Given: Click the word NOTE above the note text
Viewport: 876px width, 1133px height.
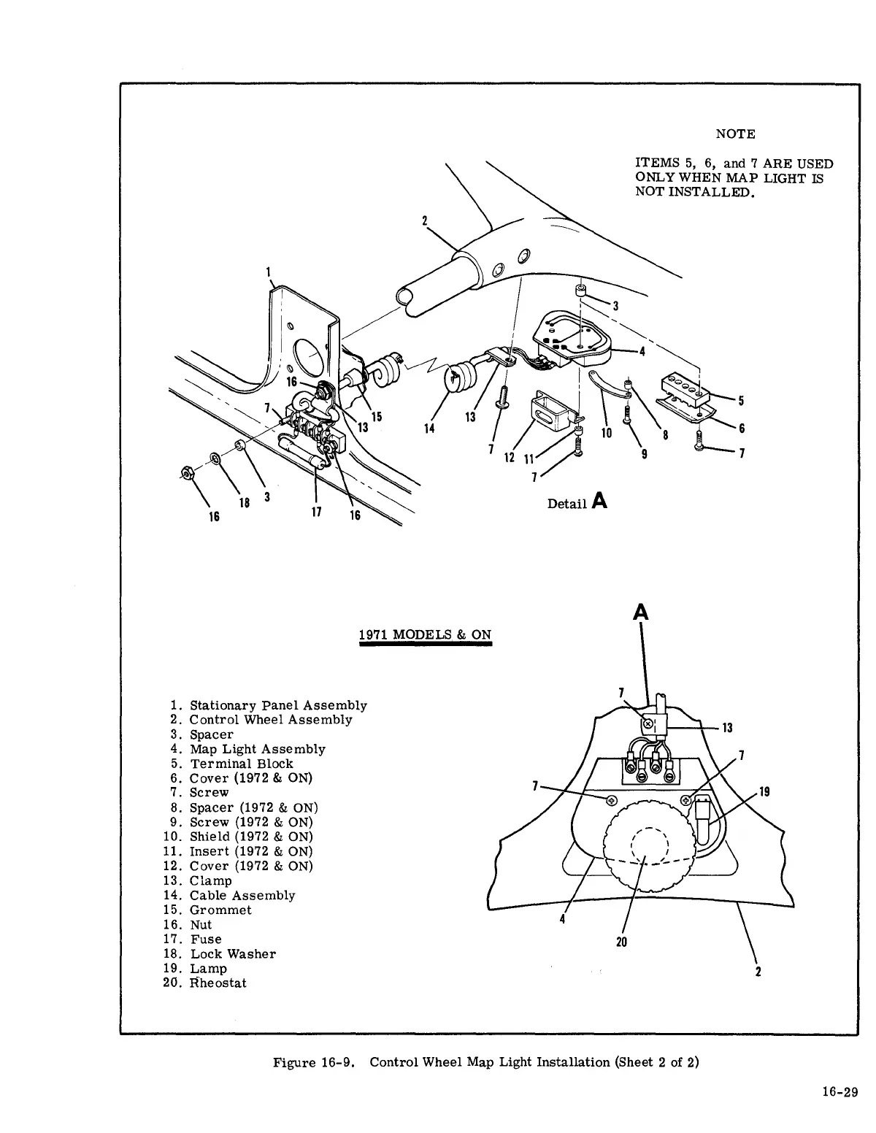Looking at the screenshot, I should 735,134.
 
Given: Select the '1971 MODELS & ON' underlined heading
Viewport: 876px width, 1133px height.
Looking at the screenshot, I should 426,634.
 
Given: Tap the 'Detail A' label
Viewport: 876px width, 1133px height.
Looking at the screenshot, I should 577,502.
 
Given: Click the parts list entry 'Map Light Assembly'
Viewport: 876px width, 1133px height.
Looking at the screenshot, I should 257,749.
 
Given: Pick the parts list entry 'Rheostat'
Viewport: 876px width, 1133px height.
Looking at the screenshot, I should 218,983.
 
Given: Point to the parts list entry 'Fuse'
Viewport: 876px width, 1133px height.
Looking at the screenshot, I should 206,939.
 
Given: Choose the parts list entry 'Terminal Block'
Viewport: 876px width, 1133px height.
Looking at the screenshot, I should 241,764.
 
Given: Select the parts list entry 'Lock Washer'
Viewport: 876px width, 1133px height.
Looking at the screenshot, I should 233,953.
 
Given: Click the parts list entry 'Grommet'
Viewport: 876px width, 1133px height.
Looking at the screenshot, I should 220,910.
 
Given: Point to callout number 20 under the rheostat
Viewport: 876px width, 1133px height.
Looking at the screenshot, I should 621,942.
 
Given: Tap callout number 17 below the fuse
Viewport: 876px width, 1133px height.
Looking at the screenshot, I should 316,512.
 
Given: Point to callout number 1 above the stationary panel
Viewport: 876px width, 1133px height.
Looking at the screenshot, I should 270,276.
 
